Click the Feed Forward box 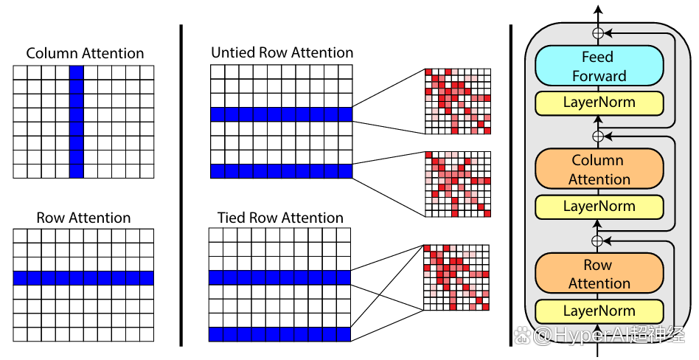(x=599, y=66)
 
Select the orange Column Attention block (x=599, y=169)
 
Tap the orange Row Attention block (x=599, y=274)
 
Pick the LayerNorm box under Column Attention (x=599, y=207)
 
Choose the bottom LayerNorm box (x=599, y=311)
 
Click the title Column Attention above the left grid (x=85, y=54)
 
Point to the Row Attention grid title (x=83, y=218)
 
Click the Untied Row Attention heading (x=282, y=52)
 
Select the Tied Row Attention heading (x=280, y=218)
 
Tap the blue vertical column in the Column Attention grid (x=77, y=122)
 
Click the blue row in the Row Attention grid (x=83, y=278)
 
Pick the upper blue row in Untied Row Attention (x=281, y=114)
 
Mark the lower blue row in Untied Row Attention (x=281, y=171)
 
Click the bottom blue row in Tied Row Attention (x=280, y=334)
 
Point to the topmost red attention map (x=458, y=101)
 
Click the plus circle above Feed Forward (x=597, y=32)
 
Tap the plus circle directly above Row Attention (x=597, y=241)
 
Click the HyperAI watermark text (x=599, y=335)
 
